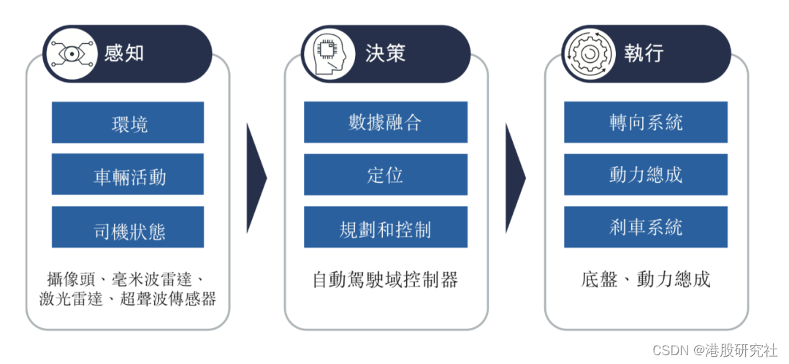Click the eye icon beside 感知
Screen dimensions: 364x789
pyautogui.click(x=69, y=53)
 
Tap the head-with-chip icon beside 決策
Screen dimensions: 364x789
pyautogui.click(x=327, y=53)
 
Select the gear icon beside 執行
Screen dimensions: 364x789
pyautogui.click(x=587, y=53)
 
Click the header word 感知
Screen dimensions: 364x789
pyautogui.click(x=125, y=53)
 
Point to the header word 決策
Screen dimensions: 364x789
pyautogui.click(x=385, y=53)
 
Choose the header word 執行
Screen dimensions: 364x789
pyautogui.click(x=644, y=53)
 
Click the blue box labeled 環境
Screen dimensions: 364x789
pyautogui.click(x=128, y=123)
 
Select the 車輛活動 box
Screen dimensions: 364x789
pyautogui.click(x=128, y=175)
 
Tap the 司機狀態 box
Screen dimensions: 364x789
pyautogui.click(x=128, y=228)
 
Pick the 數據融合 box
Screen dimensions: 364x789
pyautogui.click(x=386, y=122)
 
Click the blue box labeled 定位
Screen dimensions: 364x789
pyautogui.click(x=386, y=175)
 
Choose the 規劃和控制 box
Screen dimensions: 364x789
pyautogui.click(x=386, y=227)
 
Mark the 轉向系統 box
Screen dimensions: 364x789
pyautogui.click(x=646, y=122)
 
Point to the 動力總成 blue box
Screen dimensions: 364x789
pyautogui.click(x=646, y=175)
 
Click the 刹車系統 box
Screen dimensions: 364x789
pyautogui.click(x=646, y=227)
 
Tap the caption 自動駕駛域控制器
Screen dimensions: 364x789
pyautogui.click(x=385, y=279)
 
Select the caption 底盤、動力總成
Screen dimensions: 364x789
pyautogui.click(x=646, y=279)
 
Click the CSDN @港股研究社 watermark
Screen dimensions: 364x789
pyautogui.click(x=714, y=350)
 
